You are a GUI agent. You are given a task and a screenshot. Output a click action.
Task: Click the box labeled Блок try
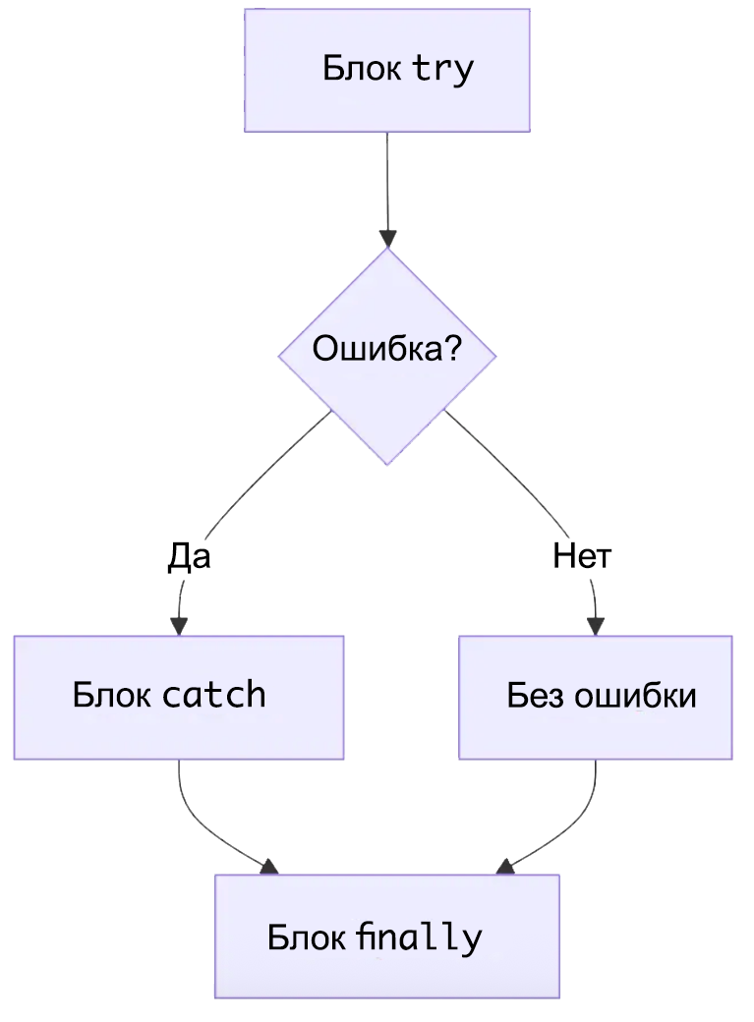tap(386, 70)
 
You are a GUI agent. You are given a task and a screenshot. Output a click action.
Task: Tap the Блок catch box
tap(178, 697)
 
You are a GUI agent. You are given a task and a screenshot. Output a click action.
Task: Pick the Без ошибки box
tap(595, 697)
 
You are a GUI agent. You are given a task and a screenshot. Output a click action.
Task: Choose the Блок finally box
tap(386, 937)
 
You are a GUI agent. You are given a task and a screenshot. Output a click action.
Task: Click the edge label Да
tap(189, 557)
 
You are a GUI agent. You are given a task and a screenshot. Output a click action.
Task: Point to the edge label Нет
tap(582, 557)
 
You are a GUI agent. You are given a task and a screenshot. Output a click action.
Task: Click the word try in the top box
tap(442, 70)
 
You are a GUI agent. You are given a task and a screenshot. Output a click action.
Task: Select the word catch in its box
tap(213, 696)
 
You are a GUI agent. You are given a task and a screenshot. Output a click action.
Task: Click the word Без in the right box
tap(536, 696)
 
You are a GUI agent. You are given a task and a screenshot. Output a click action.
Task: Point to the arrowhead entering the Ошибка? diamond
tap(387, 239)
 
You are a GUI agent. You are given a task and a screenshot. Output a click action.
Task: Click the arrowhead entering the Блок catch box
tap(179, 626)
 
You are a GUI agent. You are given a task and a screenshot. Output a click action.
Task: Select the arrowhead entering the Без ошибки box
tap(596, 626)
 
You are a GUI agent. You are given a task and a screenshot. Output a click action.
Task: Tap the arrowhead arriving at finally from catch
tap(269, 867)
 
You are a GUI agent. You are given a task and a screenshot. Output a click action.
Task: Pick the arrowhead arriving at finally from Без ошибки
tap(505, 867)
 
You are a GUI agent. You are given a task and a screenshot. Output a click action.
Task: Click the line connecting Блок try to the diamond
tap(386, 182)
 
